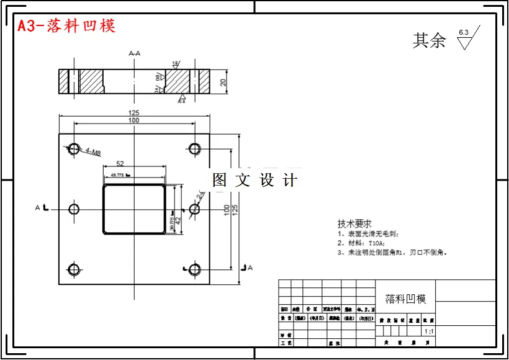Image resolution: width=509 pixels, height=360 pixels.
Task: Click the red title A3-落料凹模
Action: (66, 26)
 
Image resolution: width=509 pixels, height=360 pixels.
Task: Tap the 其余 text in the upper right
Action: (430, 41)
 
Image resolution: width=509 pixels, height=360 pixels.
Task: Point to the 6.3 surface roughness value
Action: (464, 32)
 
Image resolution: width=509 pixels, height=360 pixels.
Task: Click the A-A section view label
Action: (134, 53)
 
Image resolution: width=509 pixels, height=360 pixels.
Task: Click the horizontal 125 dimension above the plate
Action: (133, 113)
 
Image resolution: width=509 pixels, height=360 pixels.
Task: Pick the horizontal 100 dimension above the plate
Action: (133, 120)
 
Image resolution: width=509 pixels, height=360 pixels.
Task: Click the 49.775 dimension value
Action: (119, 176)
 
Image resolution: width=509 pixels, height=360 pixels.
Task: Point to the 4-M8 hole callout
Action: (93, 152)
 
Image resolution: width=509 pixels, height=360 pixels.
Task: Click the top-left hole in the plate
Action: (74, 148)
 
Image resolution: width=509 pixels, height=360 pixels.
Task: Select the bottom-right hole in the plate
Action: (194, 269)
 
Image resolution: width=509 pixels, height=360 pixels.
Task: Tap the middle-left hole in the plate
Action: (74, 209)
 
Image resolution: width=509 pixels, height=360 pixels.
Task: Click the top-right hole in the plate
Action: (194, 148)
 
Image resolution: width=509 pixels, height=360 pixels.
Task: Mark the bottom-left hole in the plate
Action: (74, 269)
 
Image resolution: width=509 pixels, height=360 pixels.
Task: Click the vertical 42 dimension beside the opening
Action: (178, 220)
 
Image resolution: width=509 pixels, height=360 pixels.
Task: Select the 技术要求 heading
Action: (354, 223)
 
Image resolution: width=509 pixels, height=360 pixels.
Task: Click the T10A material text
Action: (372, 243)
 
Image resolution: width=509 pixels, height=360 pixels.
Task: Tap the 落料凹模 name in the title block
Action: (405, 299)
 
